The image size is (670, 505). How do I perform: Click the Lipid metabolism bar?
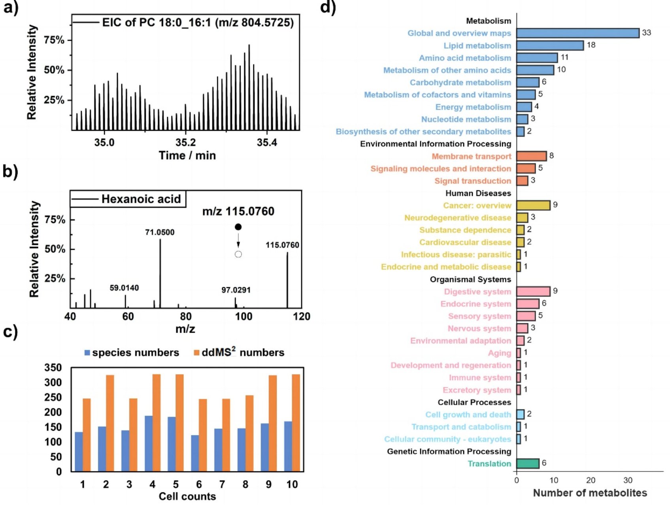(x=549, y=45)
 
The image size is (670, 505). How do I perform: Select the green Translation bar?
(x=527, y=464)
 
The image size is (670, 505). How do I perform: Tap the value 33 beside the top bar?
(x=646, y=33)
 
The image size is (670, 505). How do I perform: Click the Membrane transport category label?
(x=471, y=156)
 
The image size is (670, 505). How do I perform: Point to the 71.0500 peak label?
(x=160, y=232)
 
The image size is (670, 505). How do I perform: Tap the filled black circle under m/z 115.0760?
(x=238, y=227)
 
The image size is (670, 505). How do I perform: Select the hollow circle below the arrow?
(x=238, y=254)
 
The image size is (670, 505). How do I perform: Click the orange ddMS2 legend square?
(x=196, y=352)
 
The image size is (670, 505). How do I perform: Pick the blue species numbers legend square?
(x=87, y=352)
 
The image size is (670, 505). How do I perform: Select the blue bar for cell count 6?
(x=195, y=453)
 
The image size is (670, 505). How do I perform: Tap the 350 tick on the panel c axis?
(x=53, y=368)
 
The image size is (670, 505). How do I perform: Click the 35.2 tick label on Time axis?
(x=185, y=142)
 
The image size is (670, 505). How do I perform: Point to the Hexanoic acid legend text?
(x=141, y=199)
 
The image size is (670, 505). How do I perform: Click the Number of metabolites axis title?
(x=590, y=493)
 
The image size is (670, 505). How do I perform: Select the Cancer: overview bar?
(x=533, y=205)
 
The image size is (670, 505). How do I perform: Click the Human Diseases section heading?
(x=478, y=193)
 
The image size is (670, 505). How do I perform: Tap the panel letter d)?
(x=328, y=7)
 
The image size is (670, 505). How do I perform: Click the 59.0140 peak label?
(x=124, y=288)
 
